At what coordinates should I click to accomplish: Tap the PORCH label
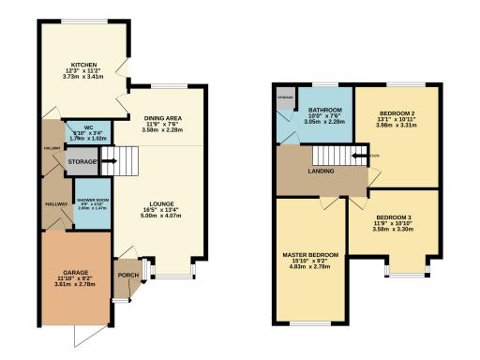(125, 276)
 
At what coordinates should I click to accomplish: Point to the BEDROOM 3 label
(393, 218)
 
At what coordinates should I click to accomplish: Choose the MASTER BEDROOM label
(309, 254)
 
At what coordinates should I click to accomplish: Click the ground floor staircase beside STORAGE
(110, 164)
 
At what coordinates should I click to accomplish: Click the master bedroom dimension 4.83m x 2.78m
(309, 268)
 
